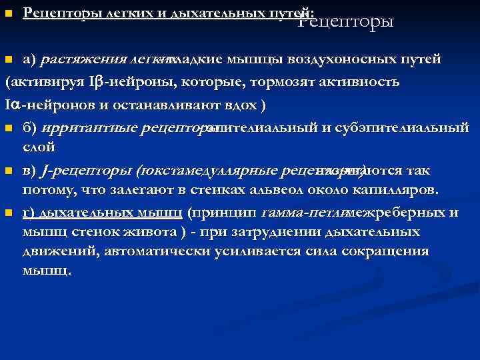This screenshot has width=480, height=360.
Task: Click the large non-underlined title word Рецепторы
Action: tap(346, 22)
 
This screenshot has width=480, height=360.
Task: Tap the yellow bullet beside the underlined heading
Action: tap(8, 13)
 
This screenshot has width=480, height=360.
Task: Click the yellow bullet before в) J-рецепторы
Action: tap(8, 171)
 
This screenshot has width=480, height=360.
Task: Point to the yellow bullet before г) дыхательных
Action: tap(8, 213)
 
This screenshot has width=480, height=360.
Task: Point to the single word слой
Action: tap(39, 147)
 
